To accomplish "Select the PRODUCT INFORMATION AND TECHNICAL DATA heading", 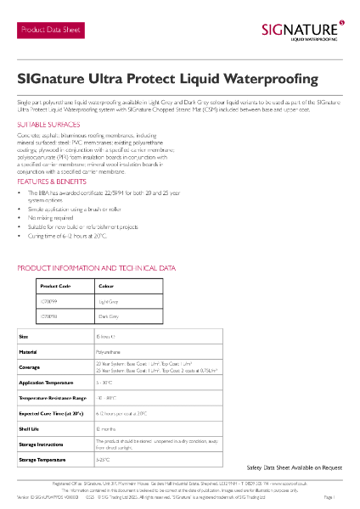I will coord(97,268).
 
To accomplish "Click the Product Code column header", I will coord(55,287).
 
